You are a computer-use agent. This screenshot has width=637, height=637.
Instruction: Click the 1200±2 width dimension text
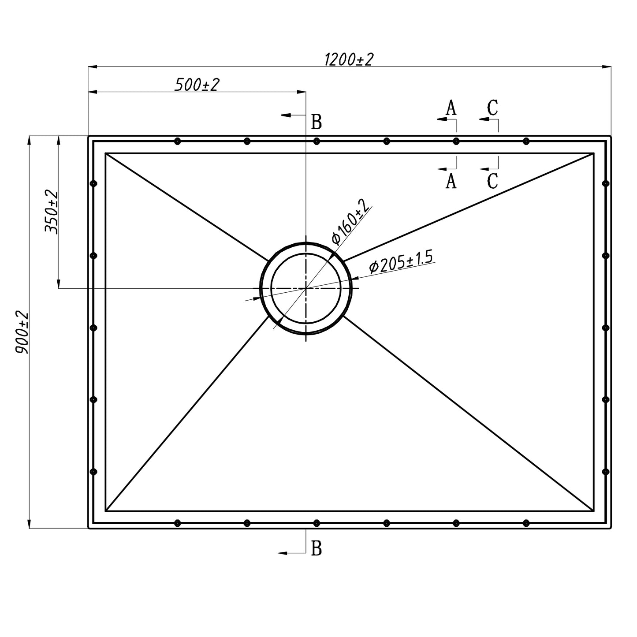pyautogui.click(x=349, y=60)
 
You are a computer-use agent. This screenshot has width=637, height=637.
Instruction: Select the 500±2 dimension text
pyautogui.click(x=197, y=85)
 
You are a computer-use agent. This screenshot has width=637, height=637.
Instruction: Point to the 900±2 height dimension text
pyautogui.click(x=22, y=332)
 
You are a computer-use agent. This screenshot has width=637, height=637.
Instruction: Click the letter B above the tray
pyautogui.click(x=317, y=122)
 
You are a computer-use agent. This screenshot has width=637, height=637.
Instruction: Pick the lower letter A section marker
pyautogui.click(x=451, y=181)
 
